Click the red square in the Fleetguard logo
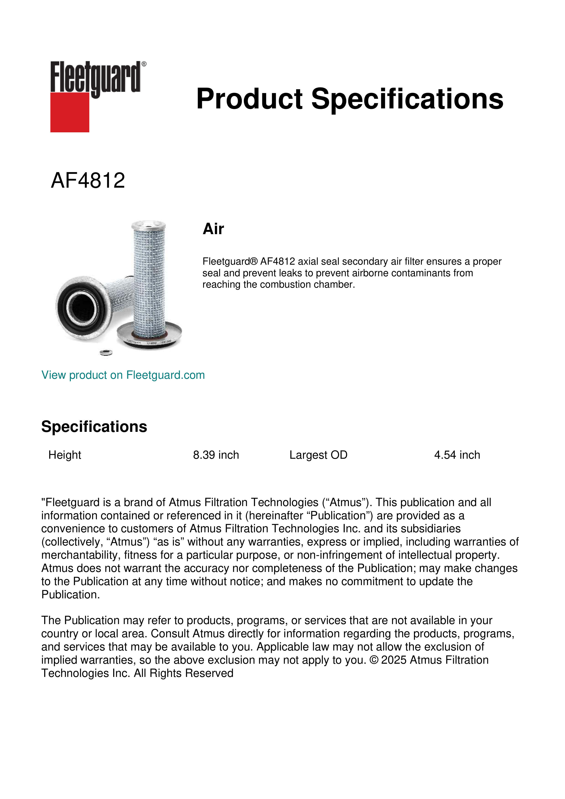pyautogui.click(x=70, y=112)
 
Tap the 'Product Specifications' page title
pyautogui.click(x=350, y=99)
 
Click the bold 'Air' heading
pyautogui.click(x=213, y=229)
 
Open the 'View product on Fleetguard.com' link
pyautogui.click(x=123, y=375)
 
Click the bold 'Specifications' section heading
pyautogui.click(x=94, y=427)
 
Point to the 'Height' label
pyautogui.click(x=65, y=455)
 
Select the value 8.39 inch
pyautogui.click(x=216, y=455)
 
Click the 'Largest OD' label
pyautogui.click(x=318, y=455)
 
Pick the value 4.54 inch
pyautogui.click(x=457, y=455)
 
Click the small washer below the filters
pyautogui.click(x=106, y=353)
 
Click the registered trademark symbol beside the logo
pyautogui.click(x=144, y=64)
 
